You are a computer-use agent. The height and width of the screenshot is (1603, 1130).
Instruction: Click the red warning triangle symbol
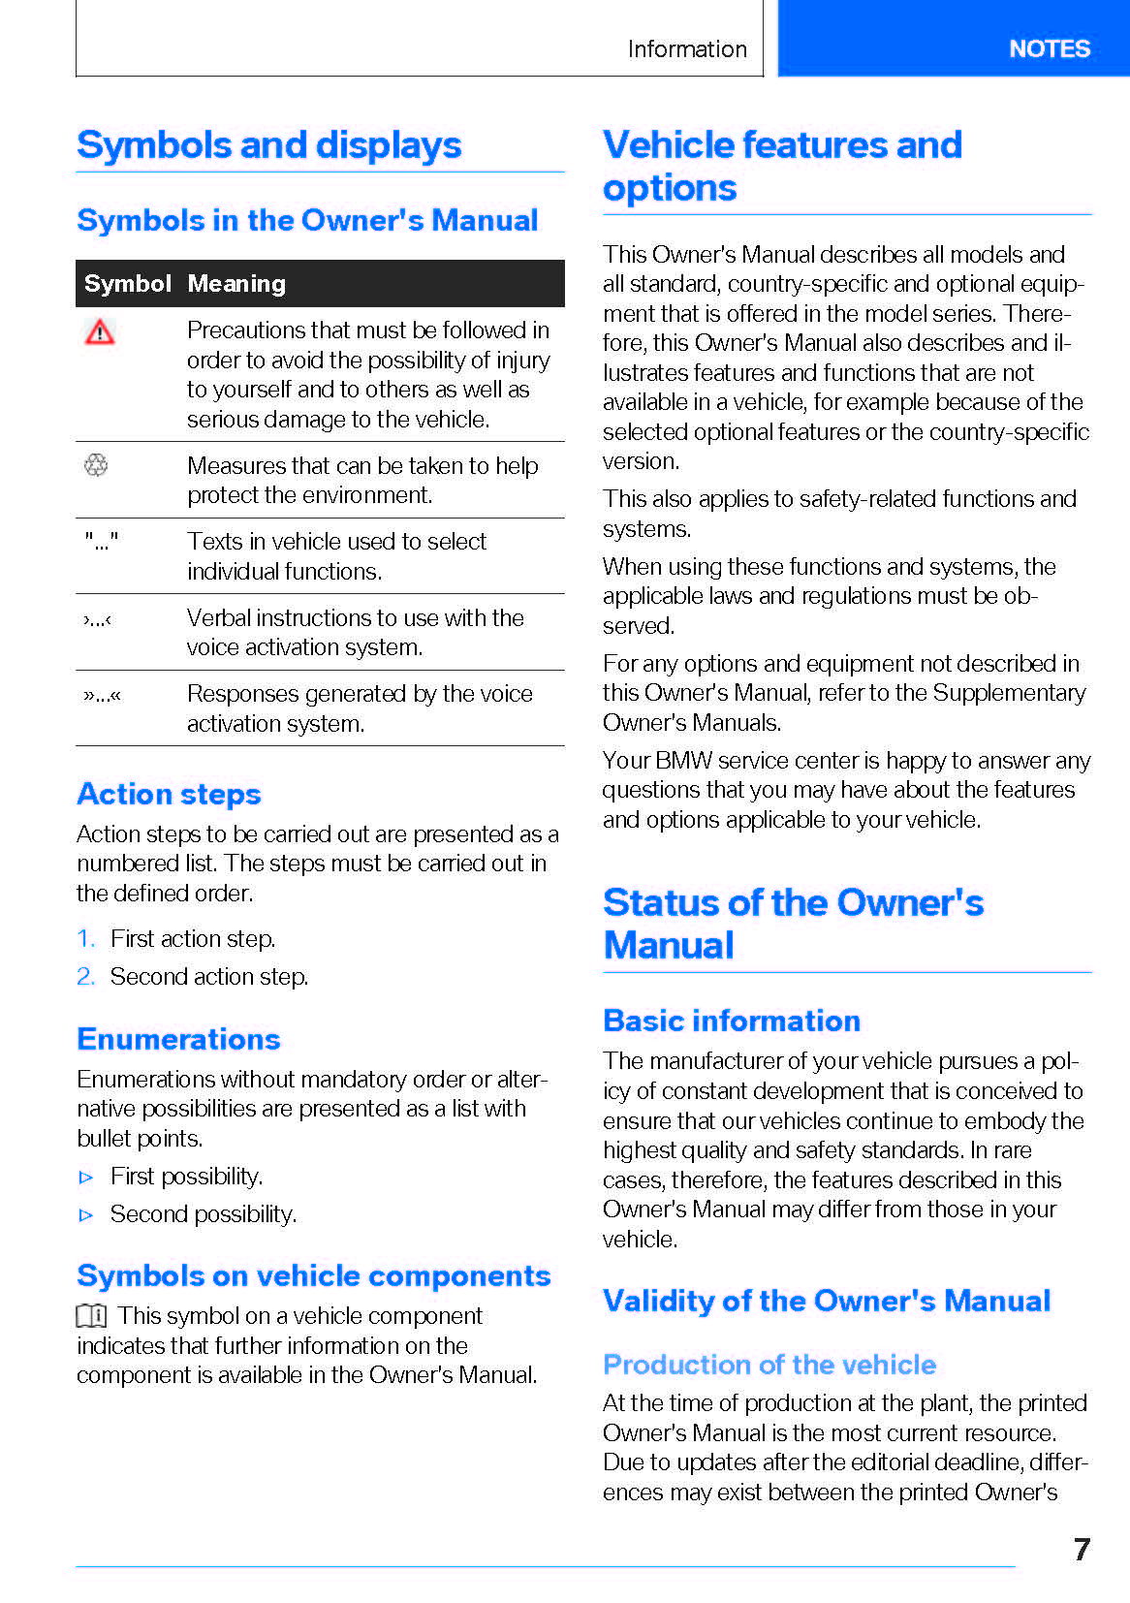tap(100, 332)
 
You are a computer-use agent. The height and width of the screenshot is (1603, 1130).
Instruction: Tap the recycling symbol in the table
tap(96, 465)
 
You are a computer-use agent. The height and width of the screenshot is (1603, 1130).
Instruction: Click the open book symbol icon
tap(92, 1315)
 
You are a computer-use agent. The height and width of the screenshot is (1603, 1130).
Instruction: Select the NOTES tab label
tap(1049, 48)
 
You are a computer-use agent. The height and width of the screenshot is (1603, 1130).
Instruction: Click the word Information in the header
tap(687, 49)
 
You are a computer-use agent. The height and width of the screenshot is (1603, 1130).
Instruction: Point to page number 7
tap(1082, 1549)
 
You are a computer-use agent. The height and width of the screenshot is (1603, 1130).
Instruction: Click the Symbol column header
tap(127, 284)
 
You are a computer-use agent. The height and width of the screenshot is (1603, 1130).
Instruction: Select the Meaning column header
tap(236, 284)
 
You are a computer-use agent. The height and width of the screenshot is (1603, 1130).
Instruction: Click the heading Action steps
tap(169, 794)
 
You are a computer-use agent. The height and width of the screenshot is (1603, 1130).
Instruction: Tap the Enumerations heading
tap(178, 1039)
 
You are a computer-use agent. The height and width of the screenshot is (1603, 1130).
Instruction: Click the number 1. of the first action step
tap(86, 938)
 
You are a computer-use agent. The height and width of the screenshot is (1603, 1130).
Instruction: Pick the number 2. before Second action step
tap(86, 976)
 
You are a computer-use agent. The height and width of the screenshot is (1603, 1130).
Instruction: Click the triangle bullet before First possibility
tap(86, 1177)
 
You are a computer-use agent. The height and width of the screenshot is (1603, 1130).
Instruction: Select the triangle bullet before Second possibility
tap(86, 1214)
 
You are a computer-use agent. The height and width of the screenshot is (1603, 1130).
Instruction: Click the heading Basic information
tap(732, 1021)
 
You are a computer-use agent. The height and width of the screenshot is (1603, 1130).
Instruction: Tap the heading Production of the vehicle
tap(769, 1365)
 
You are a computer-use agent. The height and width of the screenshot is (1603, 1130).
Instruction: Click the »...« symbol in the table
tap(102, 695)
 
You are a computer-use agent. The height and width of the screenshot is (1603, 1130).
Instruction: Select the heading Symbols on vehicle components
tap(313, 1275)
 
